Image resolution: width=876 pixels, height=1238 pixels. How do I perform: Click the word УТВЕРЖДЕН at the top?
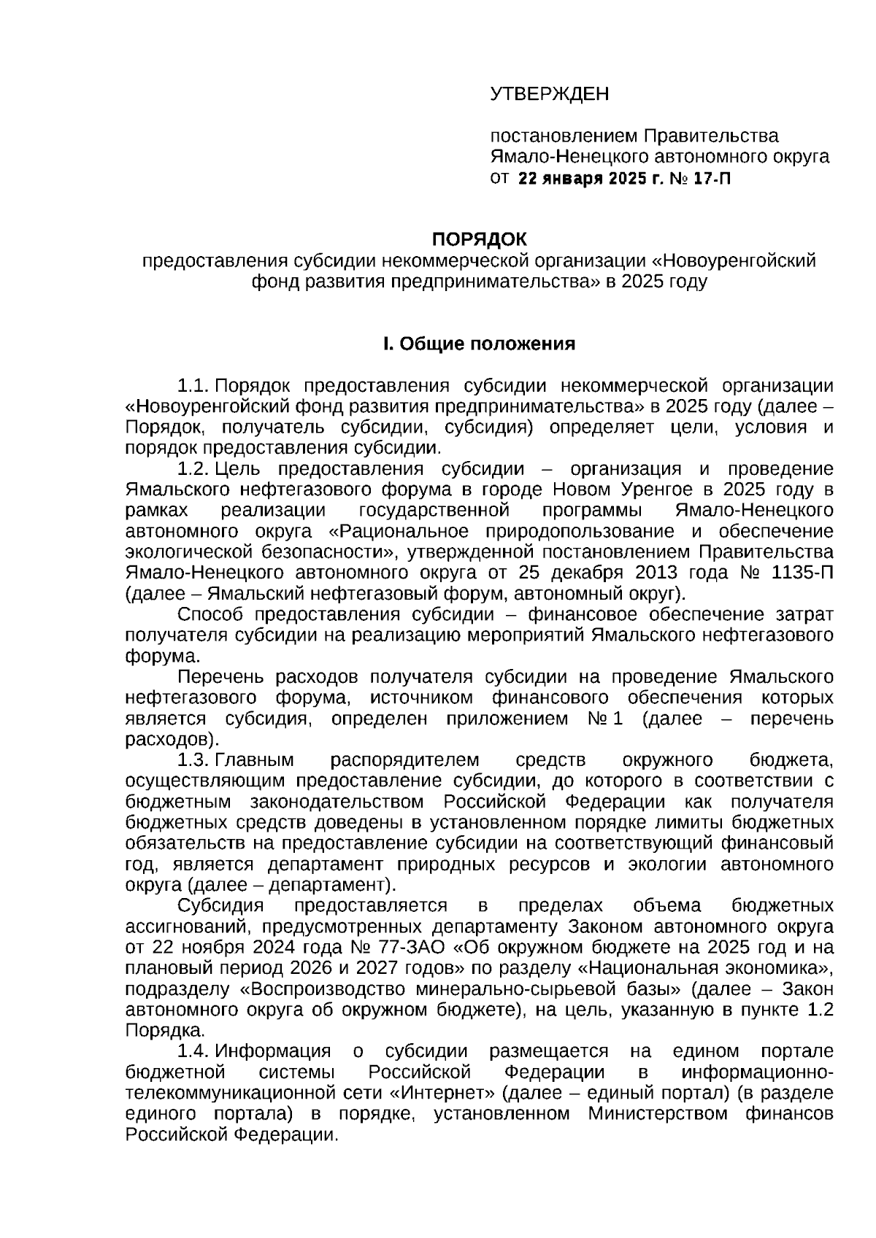[x=549, y=94]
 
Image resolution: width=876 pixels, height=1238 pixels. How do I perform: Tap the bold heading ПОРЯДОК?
[x=479, y=239]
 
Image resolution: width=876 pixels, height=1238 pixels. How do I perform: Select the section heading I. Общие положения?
[x=479, y=344]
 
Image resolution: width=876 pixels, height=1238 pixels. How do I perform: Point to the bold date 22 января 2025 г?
[x=588, y=178]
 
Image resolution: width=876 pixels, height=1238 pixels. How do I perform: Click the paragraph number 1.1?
[x=194, y=385]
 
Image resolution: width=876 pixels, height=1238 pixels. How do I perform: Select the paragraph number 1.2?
[x=194, y=468]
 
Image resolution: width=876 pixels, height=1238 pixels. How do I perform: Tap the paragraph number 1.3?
[x=194, y=760]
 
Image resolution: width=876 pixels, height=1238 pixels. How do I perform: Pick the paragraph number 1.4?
[x=194, y=1051]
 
